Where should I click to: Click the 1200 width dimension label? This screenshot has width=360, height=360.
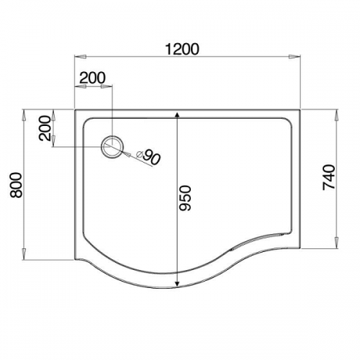[182, 49]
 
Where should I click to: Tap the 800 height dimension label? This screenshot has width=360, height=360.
[16, 185]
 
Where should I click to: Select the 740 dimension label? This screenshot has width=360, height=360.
[328, 177]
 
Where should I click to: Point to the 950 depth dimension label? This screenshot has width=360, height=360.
[186, 198]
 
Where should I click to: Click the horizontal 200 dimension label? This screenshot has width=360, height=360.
[92, 78]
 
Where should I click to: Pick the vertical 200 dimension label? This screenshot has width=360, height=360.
[45, 128]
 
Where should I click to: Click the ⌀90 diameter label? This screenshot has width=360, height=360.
[148, 156]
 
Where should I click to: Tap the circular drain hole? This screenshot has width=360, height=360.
[112, 147]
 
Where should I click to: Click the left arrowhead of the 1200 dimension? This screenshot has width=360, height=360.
[80, 57]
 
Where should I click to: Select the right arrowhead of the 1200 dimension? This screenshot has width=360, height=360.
[294, 57]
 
